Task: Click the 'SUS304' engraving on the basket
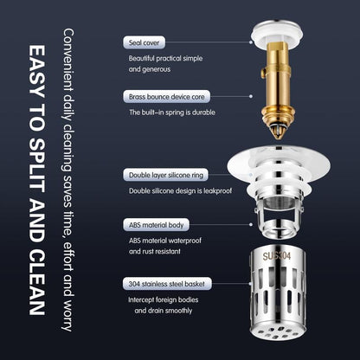pos(285,257)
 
